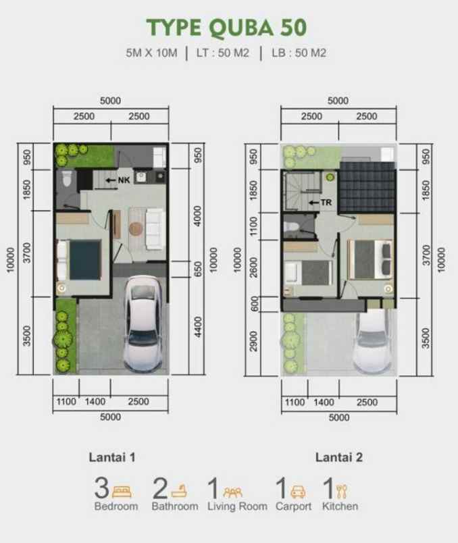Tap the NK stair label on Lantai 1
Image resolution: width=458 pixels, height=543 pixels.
click(x=123, y=180)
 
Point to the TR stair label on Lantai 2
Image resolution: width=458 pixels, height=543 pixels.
click(x=325, y=202)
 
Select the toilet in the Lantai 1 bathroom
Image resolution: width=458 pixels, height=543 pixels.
click(x=66, y=180)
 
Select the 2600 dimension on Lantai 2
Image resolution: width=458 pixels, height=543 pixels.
click(x=254, y=267)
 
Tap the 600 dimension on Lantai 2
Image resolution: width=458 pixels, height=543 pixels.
click(x=254, y=304)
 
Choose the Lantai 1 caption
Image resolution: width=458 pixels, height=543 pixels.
click(x=113, y=457)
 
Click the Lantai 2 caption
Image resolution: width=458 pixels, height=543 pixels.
click(x=339, y=457)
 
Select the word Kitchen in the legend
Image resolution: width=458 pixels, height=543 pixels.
click(x=340, y=506)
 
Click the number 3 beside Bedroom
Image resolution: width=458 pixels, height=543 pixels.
click(x=102, y=488)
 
